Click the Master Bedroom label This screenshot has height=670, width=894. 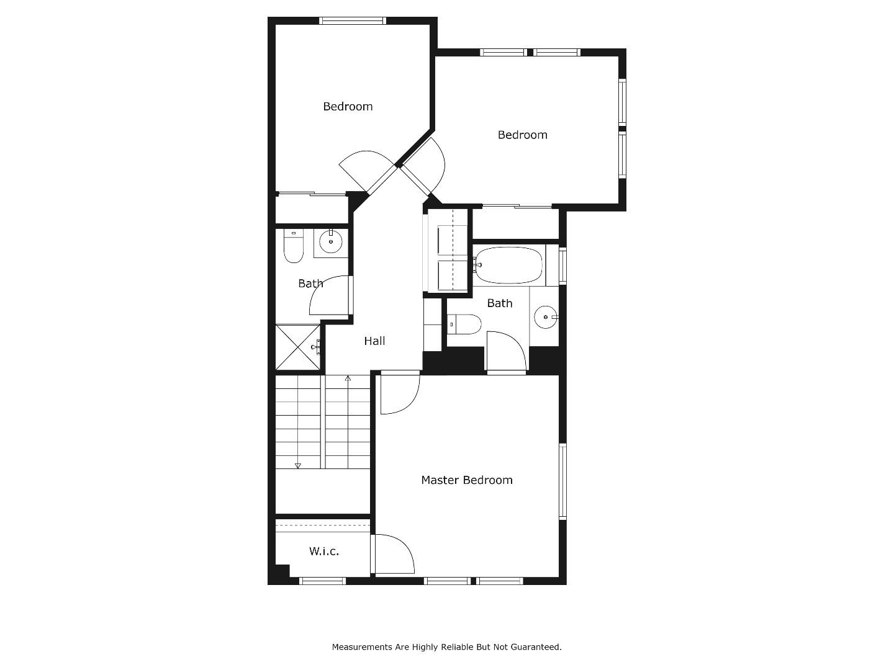[467, 480]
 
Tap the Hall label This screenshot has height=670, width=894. [374, 341]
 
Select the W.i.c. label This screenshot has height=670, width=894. [324, 551]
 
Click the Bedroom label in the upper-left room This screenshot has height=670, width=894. [348, 106]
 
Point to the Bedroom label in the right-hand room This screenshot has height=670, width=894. [522, 135]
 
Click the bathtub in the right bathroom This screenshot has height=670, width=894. [508, 266]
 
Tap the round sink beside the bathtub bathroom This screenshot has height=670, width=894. [546, 317]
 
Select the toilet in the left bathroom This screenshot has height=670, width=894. [293, 246]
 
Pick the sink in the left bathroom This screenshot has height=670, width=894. [330, 242]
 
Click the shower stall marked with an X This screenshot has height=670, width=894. [297, 348]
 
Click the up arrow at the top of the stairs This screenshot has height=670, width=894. [348, 378]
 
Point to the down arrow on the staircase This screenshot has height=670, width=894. [297, 465]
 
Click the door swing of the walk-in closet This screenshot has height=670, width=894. [394, 554]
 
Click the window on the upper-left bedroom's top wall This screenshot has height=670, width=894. [353, 20]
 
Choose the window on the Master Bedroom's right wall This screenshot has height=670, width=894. [562, 481]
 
